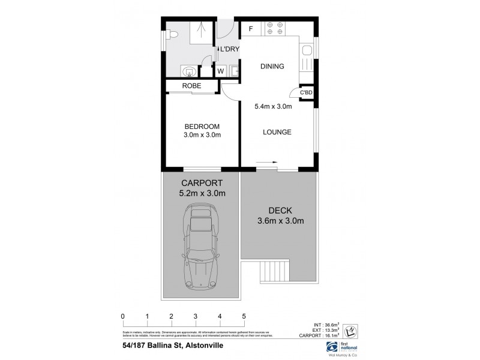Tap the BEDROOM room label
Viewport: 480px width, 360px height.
(x=202, y=127)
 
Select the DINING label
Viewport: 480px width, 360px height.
(x=272, y=67)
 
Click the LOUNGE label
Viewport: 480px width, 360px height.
(x=276, y=132)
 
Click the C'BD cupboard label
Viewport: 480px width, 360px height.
(x=306, y=93)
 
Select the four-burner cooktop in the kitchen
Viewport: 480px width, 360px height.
(x=274, y=29)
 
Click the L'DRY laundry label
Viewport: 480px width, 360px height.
(x=229, y=49)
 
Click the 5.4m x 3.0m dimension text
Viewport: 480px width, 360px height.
(x=273, y=107)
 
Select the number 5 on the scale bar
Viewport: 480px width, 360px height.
(x=244, y=316)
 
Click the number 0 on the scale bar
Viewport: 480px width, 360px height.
(x=122, y=316)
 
